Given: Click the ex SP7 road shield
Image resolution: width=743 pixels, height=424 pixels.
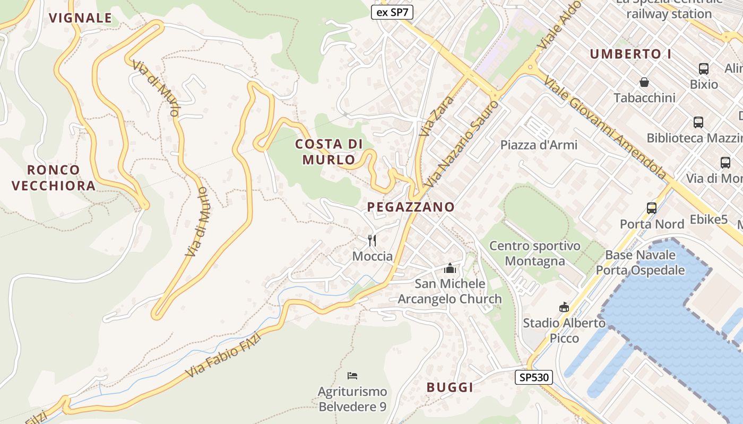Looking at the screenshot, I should coord(392,13).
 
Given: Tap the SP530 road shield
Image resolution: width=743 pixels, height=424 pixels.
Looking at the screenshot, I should coord(534,377).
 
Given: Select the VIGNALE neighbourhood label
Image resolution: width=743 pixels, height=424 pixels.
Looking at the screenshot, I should coord(81,18).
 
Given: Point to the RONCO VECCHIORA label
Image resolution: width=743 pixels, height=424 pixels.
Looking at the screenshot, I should coord(54,178).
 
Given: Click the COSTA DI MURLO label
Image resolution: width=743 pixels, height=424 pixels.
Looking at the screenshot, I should coord(329,152).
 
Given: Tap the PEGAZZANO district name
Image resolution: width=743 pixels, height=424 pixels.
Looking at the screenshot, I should coord(411,207).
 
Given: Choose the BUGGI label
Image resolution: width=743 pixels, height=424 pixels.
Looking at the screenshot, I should coord(450,387).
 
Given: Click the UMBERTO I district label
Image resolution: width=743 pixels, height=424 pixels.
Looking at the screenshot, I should coord(630,54).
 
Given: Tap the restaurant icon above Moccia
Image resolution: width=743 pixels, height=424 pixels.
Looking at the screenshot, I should coord(372,241).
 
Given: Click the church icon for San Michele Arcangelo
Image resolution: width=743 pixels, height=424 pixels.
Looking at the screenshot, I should coord(450,268).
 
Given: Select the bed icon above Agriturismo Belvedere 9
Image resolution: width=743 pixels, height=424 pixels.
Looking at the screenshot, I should coord(352,376).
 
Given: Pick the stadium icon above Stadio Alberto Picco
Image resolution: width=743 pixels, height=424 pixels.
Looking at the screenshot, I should coord(564,307).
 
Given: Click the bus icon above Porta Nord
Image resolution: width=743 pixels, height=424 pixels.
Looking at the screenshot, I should coord(652,208).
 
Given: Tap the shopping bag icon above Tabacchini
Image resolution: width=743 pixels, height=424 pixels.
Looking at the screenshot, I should coord(644,82).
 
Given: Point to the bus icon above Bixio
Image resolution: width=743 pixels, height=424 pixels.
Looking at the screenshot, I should coord(704,69).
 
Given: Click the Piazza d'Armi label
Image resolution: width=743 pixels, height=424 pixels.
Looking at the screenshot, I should coord(539,145).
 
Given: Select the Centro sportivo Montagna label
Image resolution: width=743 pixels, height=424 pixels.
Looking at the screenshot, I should coord(534,253).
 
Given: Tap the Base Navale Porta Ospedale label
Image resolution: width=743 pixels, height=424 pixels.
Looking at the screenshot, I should coord(640,262).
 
